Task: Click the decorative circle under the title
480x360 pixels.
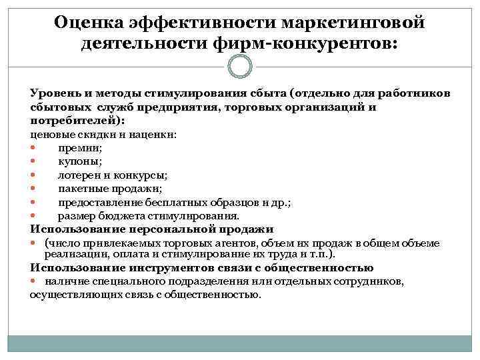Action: pyautogui.click(x=240, y=66)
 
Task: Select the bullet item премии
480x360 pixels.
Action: pyautogui.click(x=79, y=148)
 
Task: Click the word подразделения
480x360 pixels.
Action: pyautogui.click(x=198, y=281)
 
